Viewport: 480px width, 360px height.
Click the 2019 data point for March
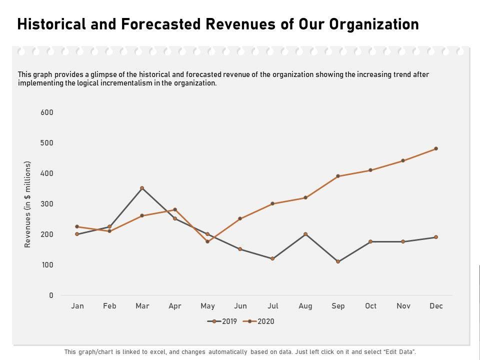pyautogui.click(x=142, y=188)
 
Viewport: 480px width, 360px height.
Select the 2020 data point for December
pyautogui.click(x=436, y=148)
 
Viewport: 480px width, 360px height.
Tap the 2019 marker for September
pyautogui.click(x=338, y=261)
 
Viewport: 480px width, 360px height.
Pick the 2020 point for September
pyautogui.click(x=338, y=176)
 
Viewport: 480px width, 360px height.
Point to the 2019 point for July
pyautogui.click(x=272, y=258)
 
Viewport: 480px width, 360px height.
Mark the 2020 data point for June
pyautogui.click(x=240, y=218)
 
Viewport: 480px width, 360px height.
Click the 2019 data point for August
pyautogui.click(x=305, y=234)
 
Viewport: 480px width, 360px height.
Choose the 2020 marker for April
pyautogui.click(x=175, y=209)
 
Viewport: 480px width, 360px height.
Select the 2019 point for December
pyautogui.click(x=436, y=237)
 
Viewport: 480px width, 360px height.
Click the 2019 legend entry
pyautogui.click(x=222, y=321)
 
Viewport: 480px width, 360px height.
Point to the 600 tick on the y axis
pyautogui.click(x=47, y=112)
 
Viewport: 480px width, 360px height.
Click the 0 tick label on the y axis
pyautogui.click(x=51, y=295)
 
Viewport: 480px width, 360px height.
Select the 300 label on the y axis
pyautogui.click(x=47, y=204)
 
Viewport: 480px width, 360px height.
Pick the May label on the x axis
pyautogui.click(x=207, y=306)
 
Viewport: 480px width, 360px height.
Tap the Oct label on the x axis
pyautogui.click(x=370, y=306)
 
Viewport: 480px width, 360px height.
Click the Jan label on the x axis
pyautogui.click(x=77, y=306)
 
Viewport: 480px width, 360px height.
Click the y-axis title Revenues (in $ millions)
pyautogui.click(x=28, y=204)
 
